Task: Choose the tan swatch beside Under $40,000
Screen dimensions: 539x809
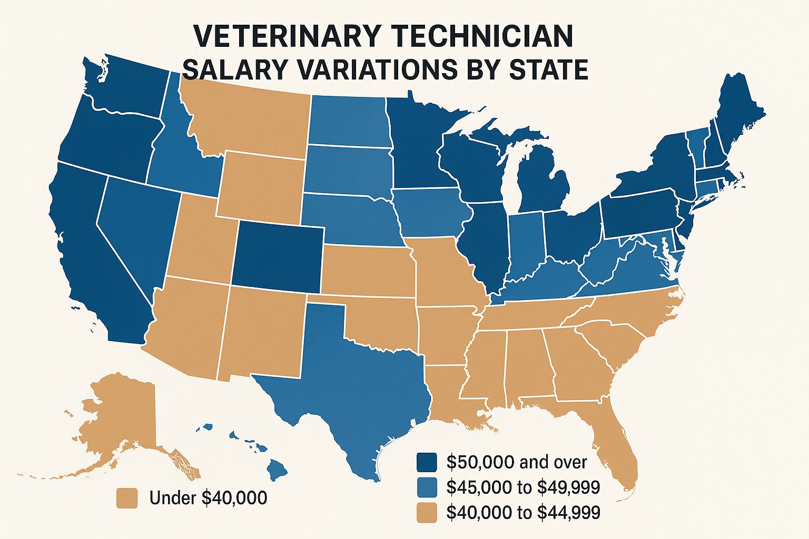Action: pos(127,498)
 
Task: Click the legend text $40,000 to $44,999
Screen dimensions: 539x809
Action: pos(523,512)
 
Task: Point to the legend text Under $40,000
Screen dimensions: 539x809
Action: pos(208,498)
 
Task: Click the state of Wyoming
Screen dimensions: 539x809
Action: pos(261,187)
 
